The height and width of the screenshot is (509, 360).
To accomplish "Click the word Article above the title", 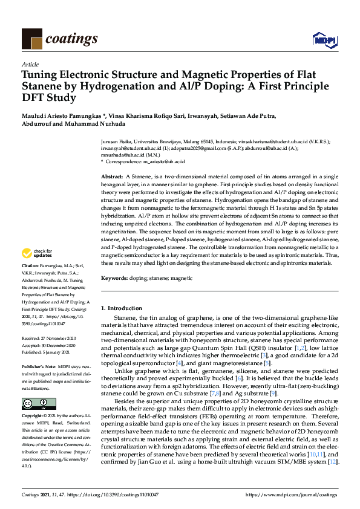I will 30,64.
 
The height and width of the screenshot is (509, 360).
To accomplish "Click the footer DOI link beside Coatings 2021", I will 115,494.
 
